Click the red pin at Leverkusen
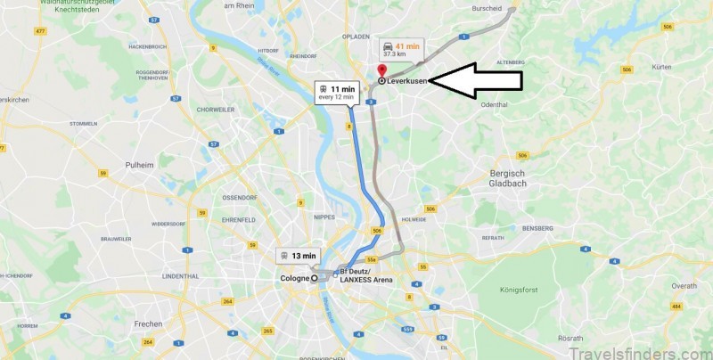point(381,70)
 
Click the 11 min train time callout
point(336,93)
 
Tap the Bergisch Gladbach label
point(510,178)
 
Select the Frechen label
point(148,323)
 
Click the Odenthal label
point(493,106)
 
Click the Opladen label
point(356,37)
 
